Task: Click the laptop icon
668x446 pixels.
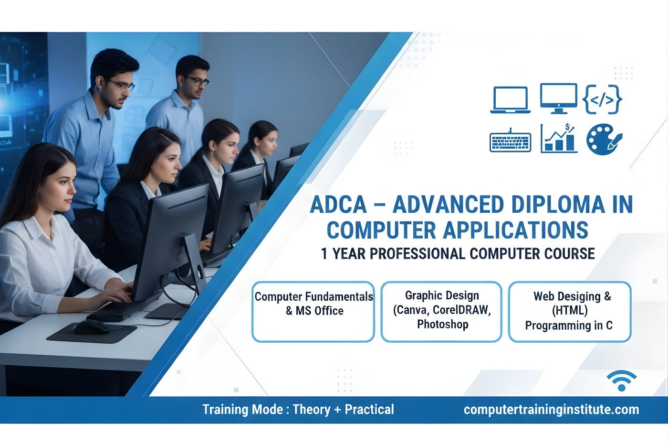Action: click(510, 99)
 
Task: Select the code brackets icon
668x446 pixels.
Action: click(602, 99)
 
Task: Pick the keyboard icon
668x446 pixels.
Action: click(510, 142)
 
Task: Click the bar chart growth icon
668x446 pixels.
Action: click(559, 139)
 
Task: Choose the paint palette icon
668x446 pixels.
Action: click(604, 140)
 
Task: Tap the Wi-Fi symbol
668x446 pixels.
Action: click(621, 381)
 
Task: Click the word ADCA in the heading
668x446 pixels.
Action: click(338, 205)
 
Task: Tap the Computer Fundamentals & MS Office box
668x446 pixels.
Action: click(313, 311)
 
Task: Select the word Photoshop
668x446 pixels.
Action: click(442, 324)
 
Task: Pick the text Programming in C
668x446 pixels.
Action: click(568, 326)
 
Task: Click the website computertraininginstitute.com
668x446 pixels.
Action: click(551, 410)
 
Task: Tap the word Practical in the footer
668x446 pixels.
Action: click(369, 410)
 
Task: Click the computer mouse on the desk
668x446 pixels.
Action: click(91, 327)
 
